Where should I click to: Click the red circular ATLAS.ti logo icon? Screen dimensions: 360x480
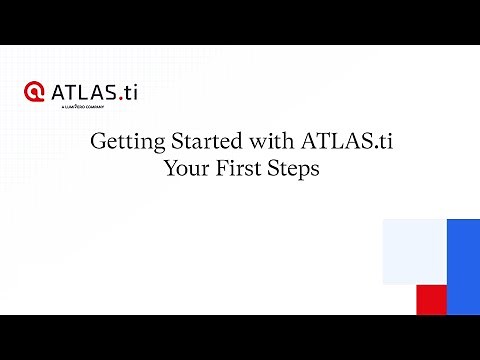point(36,92)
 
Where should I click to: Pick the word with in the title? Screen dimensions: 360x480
point(251,142)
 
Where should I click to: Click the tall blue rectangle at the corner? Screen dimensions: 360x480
point(463,266)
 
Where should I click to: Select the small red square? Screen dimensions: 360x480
point(431,299)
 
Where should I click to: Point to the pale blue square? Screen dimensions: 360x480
point(414,251)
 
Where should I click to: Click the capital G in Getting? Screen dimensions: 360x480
point(98,142)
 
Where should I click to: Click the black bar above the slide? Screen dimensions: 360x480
point(240,22)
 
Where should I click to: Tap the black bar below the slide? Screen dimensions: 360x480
point(240,337)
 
